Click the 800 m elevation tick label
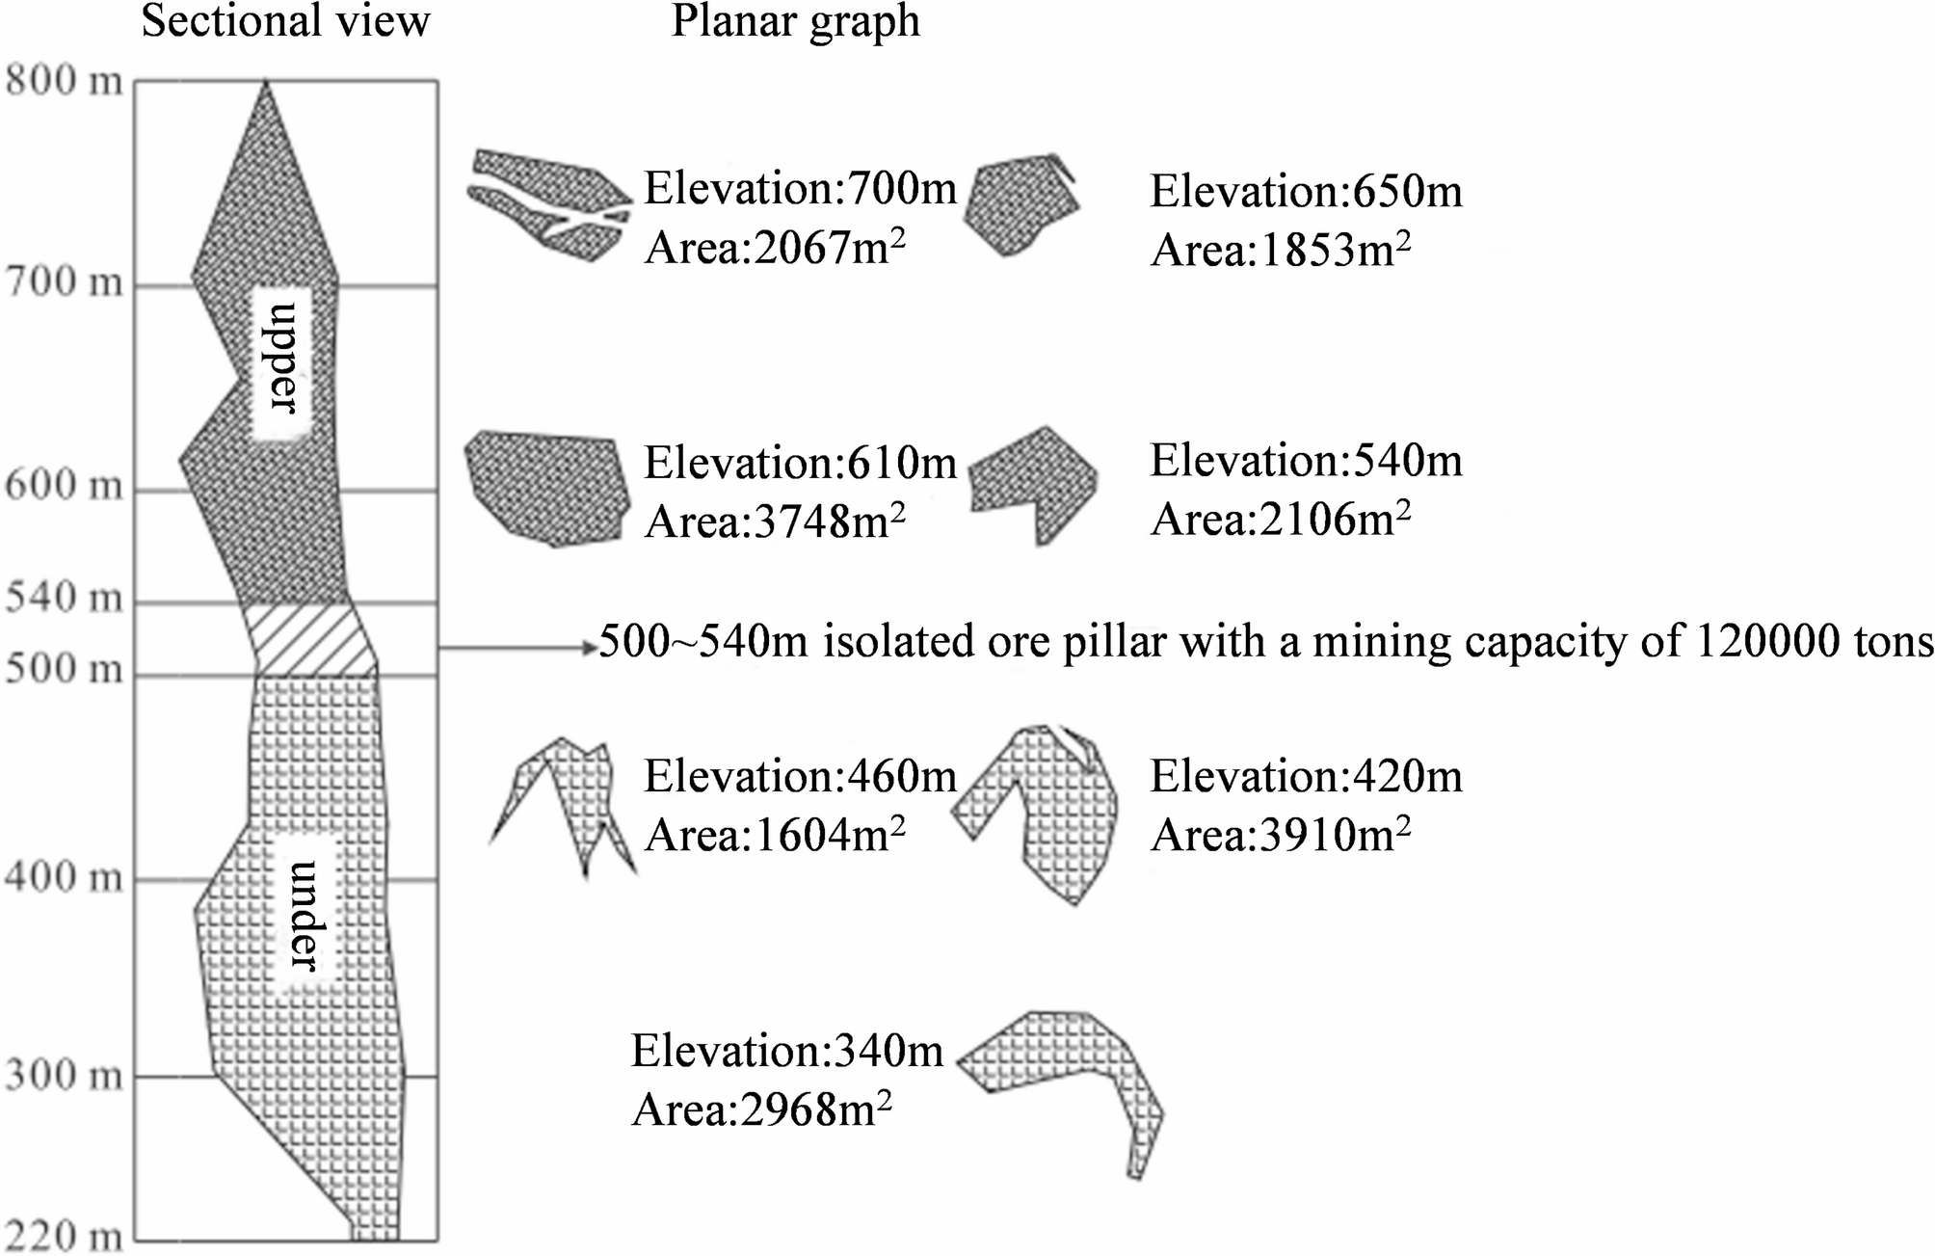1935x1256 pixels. pyautogui.click(x=65, y=80)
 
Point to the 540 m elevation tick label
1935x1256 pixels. pyautogui.click(x=65, y=599)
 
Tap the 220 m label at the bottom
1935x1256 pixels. pyautogui.click(x=65, y=1235)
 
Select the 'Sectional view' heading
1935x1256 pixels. pyautogui.click(x=285, y=21)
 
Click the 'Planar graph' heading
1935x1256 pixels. pyautogui.click(x=795, y=21)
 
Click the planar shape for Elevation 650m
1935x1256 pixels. pyautogui.click(x=1021, y=205)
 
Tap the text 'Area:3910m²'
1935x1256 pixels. pyautogui.click(x=1281, y=835)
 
